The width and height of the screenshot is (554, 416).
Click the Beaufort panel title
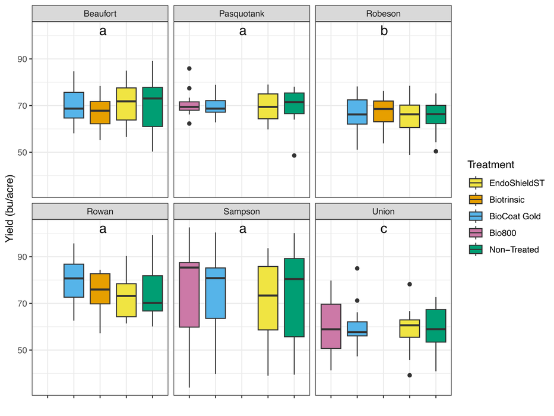[x=100, y=14]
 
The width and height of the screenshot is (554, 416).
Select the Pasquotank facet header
[x=242, y=14]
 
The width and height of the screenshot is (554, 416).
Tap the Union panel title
[x=384, y=211]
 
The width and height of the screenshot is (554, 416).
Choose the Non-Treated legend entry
[x=514, y=250]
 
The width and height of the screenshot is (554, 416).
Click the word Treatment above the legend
[x=490, y=165]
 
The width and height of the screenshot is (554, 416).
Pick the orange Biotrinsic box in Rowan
[x=100, y=288]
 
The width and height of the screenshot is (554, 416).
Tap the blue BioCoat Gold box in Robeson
[x=357, y=112]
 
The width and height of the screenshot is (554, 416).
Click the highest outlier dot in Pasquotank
[x=189, y=68]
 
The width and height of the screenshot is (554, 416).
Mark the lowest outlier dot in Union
[x=410, y=375]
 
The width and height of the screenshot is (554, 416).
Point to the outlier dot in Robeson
[x=436, y=151]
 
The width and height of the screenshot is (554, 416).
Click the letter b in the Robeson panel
[x=384, y=31]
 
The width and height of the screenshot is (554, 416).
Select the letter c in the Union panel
[x=384, y=229]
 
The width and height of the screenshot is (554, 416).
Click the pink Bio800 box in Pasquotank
[x=189, y=106]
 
